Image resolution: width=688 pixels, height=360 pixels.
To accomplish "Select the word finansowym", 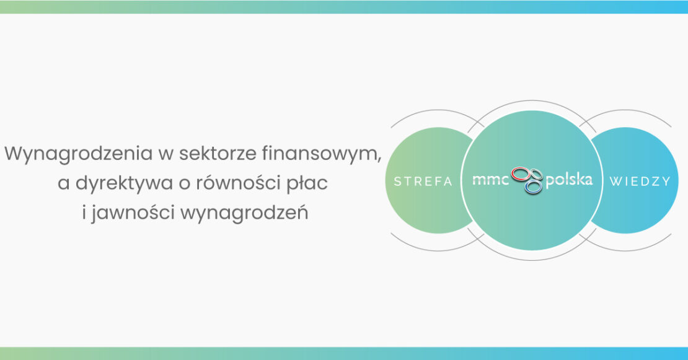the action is pyautogui.click(x=319, y=154).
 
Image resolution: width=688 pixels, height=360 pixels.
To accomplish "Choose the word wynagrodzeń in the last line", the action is pyautogui.click(x=244, y=213).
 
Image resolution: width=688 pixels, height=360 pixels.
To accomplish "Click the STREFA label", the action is pyautogui.click(x=423, y=182).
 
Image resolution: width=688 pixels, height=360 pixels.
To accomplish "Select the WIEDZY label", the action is pyautogui.click(x=640, y=182).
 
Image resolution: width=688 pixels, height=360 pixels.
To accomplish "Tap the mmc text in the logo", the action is pyautogui.click(x=490, y=180).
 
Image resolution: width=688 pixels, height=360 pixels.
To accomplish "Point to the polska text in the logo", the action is pyautogui.click(x=569, y=179).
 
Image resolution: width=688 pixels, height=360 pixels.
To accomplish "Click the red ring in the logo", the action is pyautogui.click(x=521, y=174).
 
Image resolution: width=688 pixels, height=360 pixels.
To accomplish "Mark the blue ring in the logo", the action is pyautogui.click(x=533, y=187).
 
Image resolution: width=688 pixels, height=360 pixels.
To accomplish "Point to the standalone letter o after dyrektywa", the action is pyautogui.click(x=184, y=185).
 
